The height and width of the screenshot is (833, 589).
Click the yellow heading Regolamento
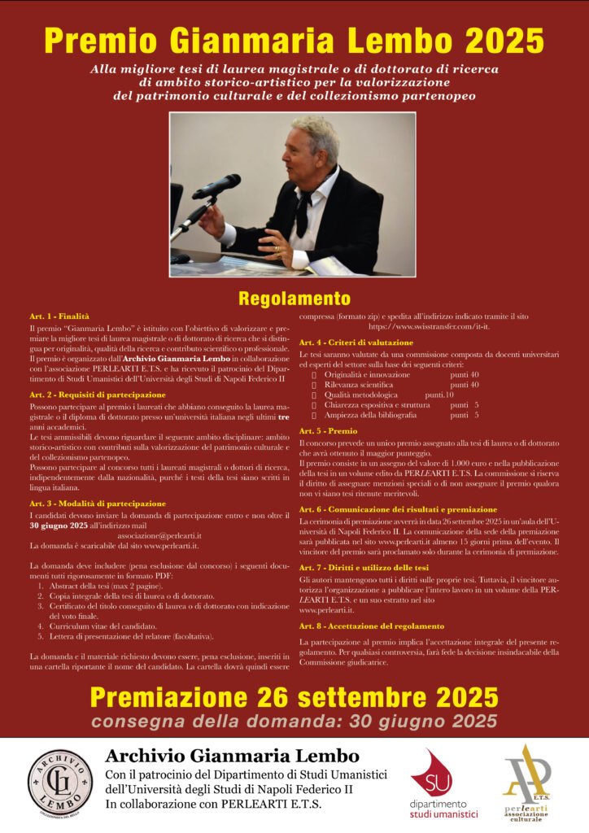[x=294, y=298]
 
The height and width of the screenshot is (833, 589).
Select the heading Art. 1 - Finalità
[x=59, y=315]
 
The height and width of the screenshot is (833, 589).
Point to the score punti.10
[x=439, y=395]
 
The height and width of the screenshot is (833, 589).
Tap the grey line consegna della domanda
[x=294, y=721]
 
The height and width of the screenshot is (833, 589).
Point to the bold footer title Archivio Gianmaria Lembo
[x=232, y=755]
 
